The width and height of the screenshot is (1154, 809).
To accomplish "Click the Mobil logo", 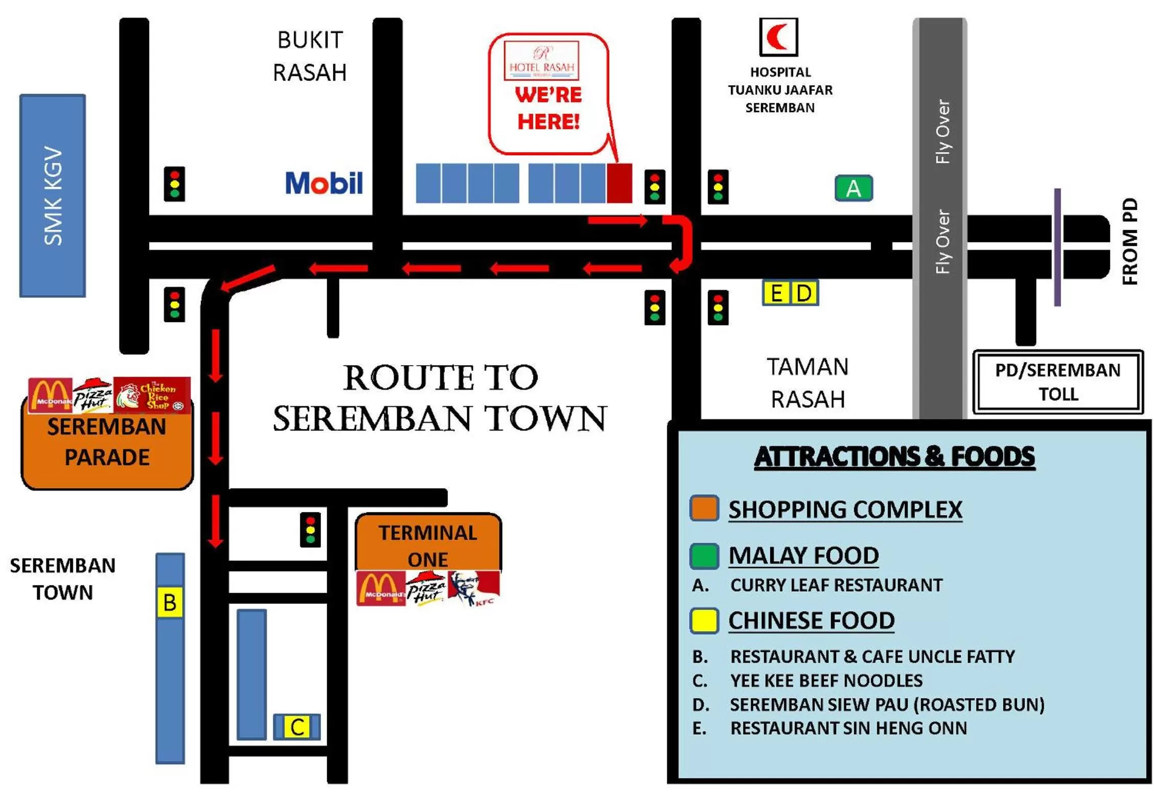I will pyautogui.click(x=324, y=183).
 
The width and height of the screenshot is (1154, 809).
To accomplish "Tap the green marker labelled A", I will pyautogui.click(x=853, y=188).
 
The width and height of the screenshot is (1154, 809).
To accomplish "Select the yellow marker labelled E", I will pyautogui.click(x=776, y=293).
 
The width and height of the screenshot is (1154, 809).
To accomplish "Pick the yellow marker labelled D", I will pyautogui.click(x=804, y=293).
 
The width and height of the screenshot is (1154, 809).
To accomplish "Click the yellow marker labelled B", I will pyautogui.click(x=170, y=603).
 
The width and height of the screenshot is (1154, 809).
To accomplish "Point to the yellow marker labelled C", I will pyautogui.click(x=297, y=727).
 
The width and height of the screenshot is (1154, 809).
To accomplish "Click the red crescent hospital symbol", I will pyautogui.click(x=778, y=37).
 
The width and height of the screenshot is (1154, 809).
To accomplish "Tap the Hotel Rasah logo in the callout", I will pyautogui.click(x=541, y=61).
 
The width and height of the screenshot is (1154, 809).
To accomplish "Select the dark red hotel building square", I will pyautogui.click(x=619, y=183).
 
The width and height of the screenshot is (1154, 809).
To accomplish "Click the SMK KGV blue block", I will pyautogui.click(x=53, y=196).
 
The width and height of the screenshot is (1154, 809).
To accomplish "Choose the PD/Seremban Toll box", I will pyautogui.click(x=1057, y=382).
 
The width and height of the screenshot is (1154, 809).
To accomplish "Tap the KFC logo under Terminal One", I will pyautogui.click(x=474, y=588).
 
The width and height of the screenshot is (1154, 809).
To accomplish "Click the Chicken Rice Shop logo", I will pyautogui.click(x=152, y=395).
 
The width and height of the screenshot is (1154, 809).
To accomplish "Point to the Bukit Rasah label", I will pyautogui.click(x=310, y=56).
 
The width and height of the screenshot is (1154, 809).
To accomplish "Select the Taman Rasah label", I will pyautogui.click(x=807, y=383).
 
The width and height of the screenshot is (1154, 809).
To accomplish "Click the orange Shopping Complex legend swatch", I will pyautogui.click(x=704, y=508).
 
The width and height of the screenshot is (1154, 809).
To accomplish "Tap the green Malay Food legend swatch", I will pyautogui.click(x=704, y=556).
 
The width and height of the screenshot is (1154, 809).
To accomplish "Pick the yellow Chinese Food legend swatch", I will pyautogui.click(x=704, y=621).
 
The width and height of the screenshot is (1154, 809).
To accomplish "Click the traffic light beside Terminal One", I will pyautogui.click(x=310, y=530).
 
